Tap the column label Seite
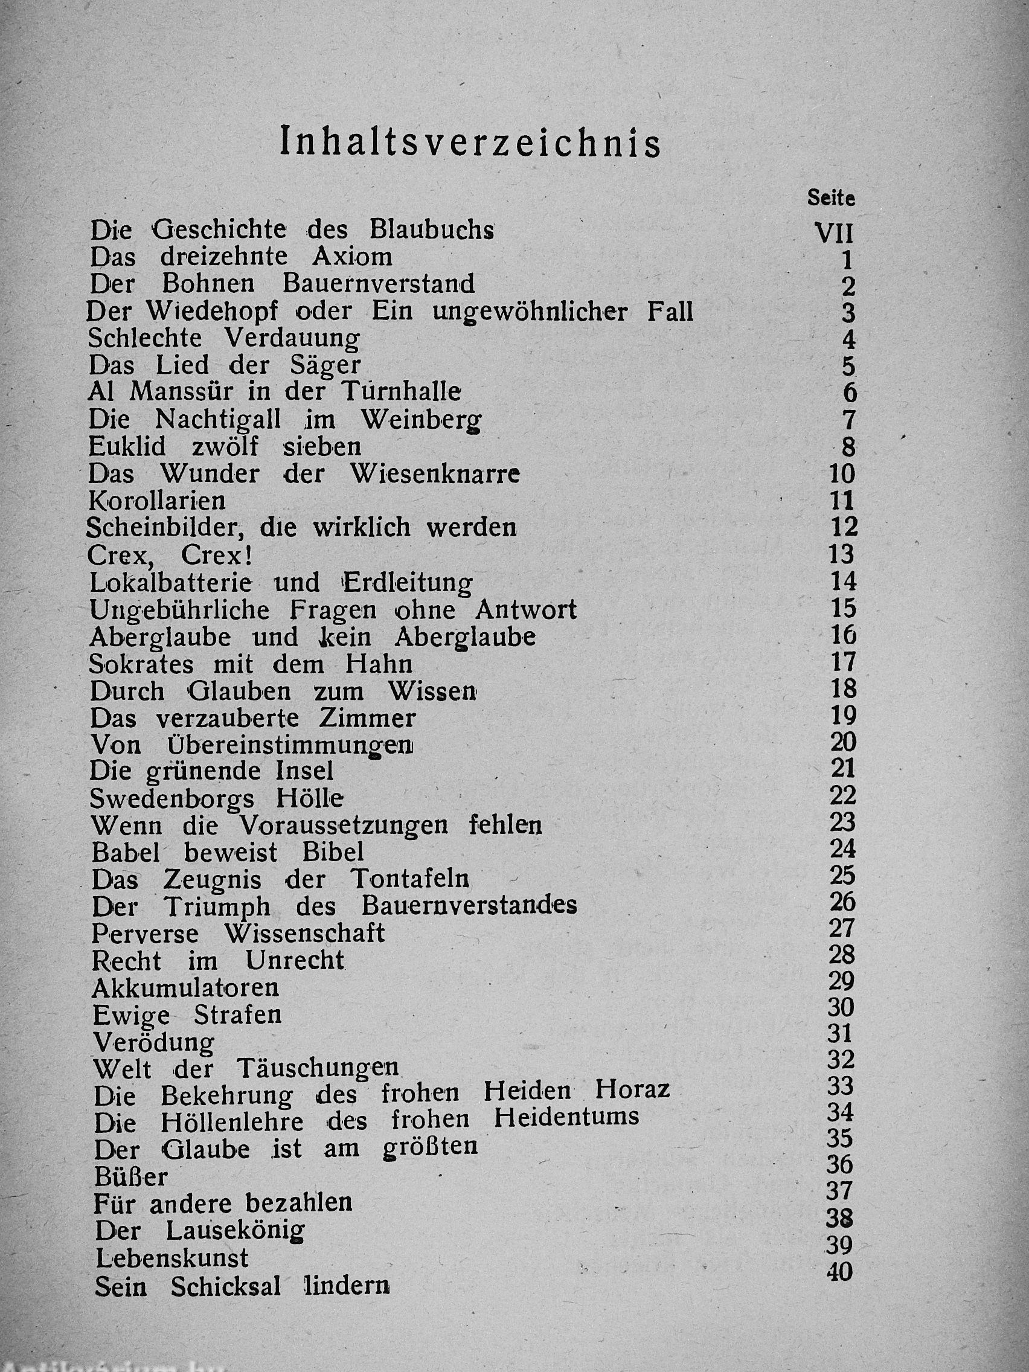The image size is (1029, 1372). pyautogui.click(x=831, y=199)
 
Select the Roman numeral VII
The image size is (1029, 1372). pyautogui.click(x=833, y=234)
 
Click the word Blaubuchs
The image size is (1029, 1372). pyautogui.click(x=432, y=230)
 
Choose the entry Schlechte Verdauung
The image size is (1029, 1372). pyautogui.click(x=224, y=339)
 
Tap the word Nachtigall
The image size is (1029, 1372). pyautogui.click(x=219, y=420)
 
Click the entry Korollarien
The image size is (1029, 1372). pyautogui.click(x=157, y=501)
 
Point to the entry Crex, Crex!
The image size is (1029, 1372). pyautogui.click(x=170, y=555)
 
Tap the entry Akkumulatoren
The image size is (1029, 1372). pyautogui.click(x=185, y=987)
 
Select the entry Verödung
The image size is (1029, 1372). pyautogui.click(x=153, y=1042)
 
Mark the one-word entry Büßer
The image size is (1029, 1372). pyautogui.click(x=131, y=1176)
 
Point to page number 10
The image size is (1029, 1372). pyautogui.click(x=842, y=474)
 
